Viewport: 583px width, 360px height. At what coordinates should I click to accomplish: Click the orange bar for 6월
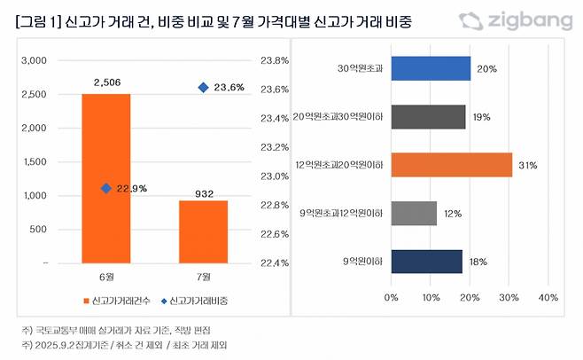[x=105, y=177]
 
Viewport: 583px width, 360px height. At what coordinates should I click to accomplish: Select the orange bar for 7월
[x=204, y=231]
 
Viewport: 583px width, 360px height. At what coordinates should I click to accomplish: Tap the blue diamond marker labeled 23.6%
[x=204, y=87]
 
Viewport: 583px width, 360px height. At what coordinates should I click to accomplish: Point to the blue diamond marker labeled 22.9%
[x=106, y=188]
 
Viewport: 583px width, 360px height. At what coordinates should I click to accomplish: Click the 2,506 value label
[x=105, y=82]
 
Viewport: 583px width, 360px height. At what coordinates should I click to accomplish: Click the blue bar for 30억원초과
[x=431, y=69]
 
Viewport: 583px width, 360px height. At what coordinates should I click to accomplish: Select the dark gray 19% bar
[x=428, y=117]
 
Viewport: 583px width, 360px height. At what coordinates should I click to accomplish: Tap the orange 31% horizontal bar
[x=452, y=165]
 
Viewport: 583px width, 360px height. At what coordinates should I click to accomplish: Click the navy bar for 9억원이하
[x=426, y=261]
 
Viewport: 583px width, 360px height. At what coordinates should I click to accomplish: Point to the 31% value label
[x=529, y=165]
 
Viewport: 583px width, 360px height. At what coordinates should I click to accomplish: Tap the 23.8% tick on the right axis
[x=275, y=61]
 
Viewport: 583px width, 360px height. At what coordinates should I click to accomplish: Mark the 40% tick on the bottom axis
[x=548, y=297]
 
